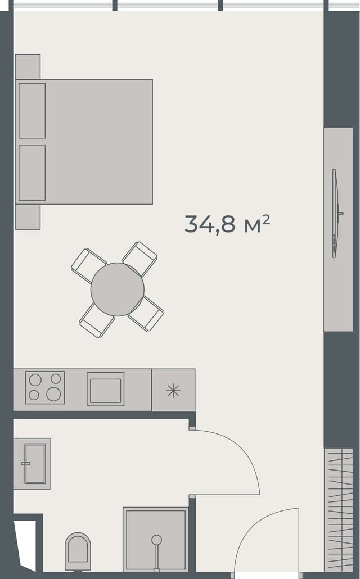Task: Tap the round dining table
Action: [x=117, y=289]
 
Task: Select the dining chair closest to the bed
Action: [x=88, y=265]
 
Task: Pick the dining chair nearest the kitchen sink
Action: [x=97, y=320]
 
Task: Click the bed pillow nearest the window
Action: [x=32, y=111]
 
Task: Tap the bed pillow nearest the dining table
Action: [x=32, y=173]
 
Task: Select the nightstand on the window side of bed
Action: [x=28, y=66]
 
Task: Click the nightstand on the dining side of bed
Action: [x=28, y=217]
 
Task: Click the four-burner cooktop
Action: [x=45, y=387]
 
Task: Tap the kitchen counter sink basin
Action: [x=105, y=390]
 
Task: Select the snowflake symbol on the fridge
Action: [x=173, y=391]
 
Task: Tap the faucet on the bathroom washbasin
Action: [x=25, y=464]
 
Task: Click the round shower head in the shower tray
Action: [x=156, y=540]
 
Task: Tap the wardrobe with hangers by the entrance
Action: [x=339, y=509]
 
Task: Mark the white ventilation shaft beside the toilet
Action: [x=26, y=542]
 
